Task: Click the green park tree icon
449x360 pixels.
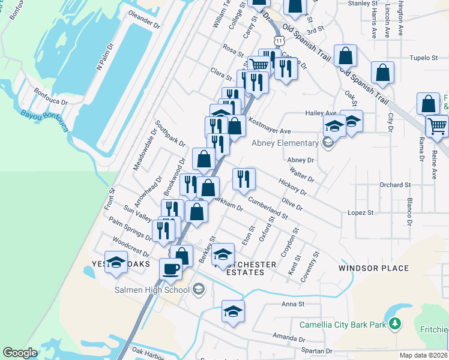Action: (394, 325)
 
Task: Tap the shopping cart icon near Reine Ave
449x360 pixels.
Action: (437, 125)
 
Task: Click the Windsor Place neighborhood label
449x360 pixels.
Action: (373, 268)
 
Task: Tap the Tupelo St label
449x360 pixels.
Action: (423, 58)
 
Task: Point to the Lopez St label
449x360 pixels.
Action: (361, 212)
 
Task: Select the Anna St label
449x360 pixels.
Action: (293, 304)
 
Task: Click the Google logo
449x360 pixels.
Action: (20, 353)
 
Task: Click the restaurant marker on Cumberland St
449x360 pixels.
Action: (244, 178)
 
